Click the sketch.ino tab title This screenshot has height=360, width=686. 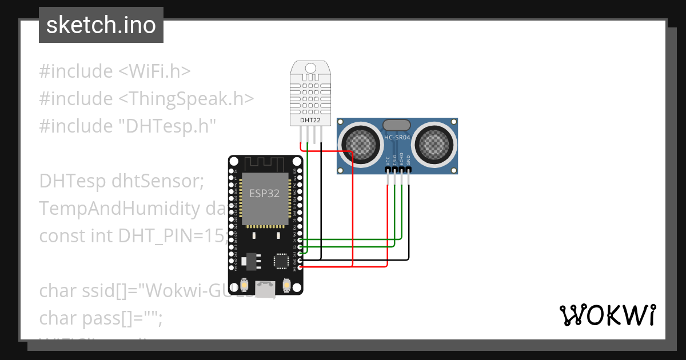(x=101, y=25)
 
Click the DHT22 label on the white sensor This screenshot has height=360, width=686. (x=310, y=121)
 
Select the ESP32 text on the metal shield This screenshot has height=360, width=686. (x=265, y=193)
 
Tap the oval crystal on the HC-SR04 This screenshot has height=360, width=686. (x=397, y=125)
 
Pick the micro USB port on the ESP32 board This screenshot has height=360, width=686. (x=265, y=289)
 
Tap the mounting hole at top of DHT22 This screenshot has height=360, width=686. (x=310, y=68)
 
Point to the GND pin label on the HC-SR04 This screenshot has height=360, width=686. (x=409, y=161)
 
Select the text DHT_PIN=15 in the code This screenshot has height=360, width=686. (x=171, y=235)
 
